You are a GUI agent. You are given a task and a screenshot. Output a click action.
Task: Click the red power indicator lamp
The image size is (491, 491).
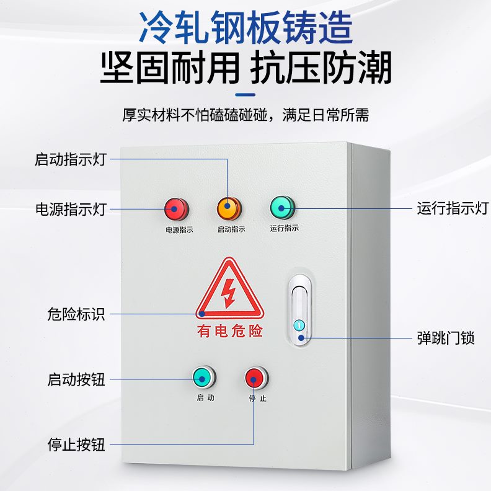pos(175,210)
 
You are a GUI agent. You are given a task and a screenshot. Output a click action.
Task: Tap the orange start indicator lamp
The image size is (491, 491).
pos(228,208)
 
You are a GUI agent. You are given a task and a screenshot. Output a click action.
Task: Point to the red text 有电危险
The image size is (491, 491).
pos(230,331)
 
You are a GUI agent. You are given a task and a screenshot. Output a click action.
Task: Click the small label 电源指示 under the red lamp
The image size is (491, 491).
pos(179,230)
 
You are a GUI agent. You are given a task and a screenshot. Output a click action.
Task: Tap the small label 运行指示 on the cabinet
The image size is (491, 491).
pos(285,228)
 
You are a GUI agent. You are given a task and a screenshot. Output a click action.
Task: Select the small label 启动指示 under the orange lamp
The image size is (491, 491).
pos(231,229)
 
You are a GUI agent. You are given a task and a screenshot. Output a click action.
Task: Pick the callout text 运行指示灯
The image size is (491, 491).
pos(453,208)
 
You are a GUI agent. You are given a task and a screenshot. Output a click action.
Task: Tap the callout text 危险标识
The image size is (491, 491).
pos(76,314)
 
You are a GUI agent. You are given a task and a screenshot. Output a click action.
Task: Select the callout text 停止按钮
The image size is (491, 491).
pos(76,445)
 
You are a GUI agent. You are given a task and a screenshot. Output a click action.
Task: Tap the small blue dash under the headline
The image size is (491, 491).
pos(245,95)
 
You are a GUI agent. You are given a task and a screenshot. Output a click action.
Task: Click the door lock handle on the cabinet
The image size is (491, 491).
pos(300,310)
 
